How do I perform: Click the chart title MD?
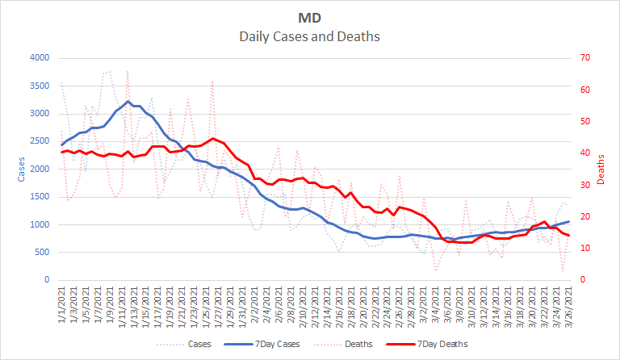point(309,18)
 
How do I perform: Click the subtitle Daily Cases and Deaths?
point(309,36)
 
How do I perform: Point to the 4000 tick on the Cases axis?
point(38,58)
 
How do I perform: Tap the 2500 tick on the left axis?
point(38,141)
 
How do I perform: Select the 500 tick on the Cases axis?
point(40,253)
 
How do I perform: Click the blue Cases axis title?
point(12,170)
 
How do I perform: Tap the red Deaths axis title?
point(601,170)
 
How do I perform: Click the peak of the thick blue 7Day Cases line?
point(128,102)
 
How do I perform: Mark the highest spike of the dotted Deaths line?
point(128,71)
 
